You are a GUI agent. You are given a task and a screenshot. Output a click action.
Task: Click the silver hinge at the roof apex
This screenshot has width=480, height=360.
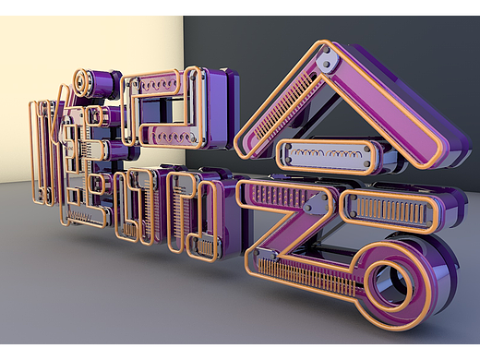pos(324,61)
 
